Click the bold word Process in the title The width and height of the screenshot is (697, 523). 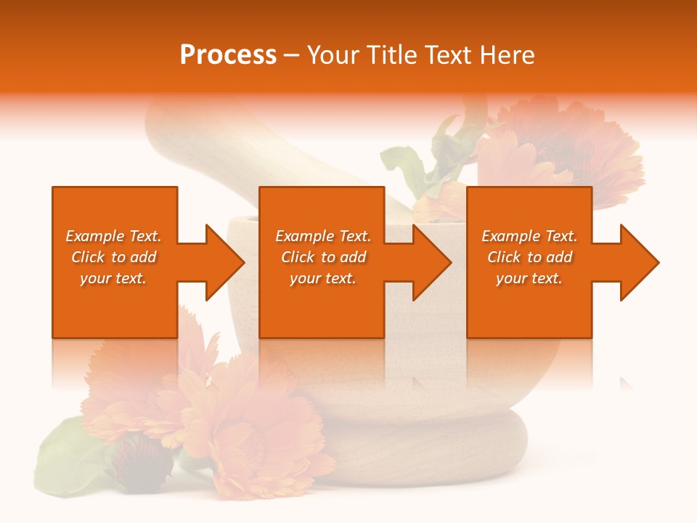click(x=228, y=55)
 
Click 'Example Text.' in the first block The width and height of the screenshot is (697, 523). click(x=113, y=236)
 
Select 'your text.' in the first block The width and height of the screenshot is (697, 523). click(x=113, y=278)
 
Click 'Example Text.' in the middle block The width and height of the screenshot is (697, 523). click(x=323, y=236)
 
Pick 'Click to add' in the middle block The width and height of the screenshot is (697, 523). click(x=323, y=257)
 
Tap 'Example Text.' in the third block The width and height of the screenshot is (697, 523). click(x=529, y=236)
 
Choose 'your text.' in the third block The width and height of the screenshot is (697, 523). click(x=529, y=278)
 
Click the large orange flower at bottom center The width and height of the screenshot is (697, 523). click(x=254, y=429)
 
